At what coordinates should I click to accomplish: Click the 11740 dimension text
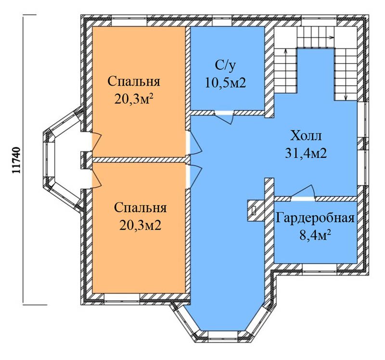click(16, 160)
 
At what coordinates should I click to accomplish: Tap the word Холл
click(306, 136)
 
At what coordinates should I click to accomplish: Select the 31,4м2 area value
click(306, 153)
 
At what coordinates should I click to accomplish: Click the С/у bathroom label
click(225, 66)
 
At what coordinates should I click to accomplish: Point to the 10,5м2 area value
click(225, 83)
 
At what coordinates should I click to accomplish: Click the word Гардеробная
click(315, 218)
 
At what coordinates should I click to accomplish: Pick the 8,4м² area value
click(315, 235)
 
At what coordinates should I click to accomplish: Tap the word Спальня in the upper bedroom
click(134, 81)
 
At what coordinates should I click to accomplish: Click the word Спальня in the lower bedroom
click(140, 208)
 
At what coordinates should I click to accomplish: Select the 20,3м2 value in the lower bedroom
click(141, 225)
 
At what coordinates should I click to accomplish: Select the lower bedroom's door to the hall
click(195, 176)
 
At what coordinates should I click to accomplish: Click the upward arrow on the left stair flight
click(286, 71)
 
